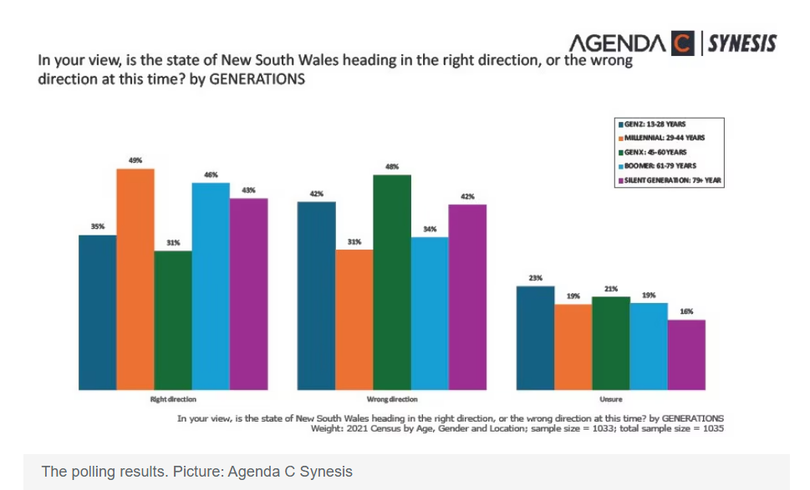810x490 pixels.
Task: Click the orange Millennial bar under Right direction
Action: (x=135, y=279)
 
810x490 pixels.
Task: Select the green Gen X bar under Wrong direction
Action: (x=392, y=282)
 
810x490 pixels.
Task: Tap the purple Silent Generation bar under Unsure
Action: (x=686, y=354)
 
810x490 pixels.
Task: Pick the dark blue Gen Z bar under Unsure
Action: (x=535, y=337)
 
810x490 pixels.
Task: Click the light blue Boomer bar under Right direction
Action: (x=211, y=285)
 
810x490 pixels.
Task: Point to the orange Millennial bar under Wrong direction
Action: (x=354, y=319)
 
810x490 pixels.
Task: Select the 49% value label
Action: (x=135, y=159)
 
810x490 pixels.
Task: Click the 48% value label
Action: (x=392, y=166)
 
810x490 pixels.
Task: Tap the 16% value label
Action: (x=686, y=311)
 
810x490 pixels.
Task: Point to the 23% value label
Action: (x=535, y=277)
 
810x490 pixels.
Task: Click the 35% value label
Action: (x=98, y=226)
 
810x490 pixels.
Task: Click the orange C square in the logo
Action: (x=682, y=42)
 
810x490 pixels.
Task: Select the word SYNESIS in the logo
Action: (x=742, y=42)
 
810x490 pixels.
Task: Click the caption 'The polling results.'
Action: (x=104, y=472)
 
